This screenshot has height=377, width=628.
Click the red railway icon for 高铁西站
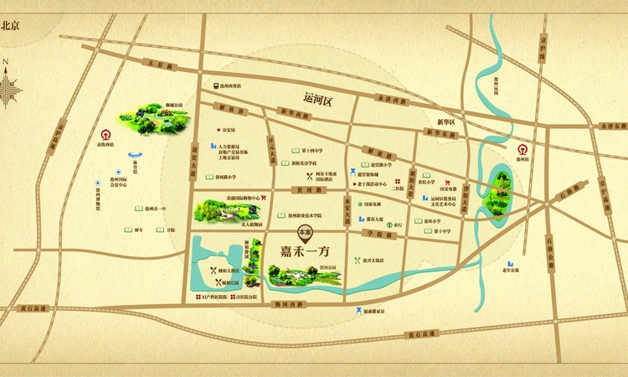pos(107,132)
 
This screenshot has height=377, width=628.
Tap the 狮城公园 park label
pos(173,106)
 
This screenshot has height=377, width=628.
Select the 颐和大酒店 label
pos(227,271)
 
